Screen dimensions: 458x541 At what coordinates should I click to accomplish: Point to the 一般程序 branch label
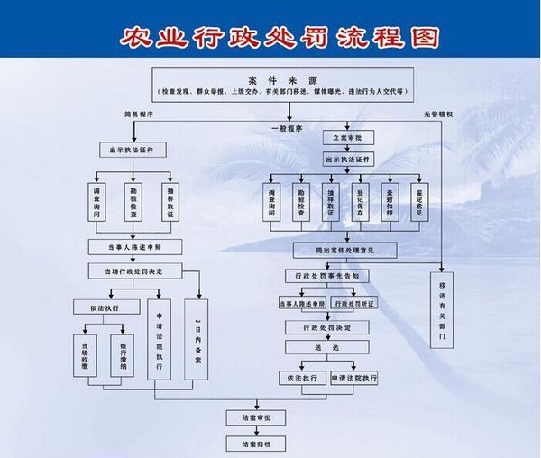[286, 129]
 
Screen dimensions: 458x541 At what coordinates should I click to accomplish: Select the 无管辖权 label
[437, 114]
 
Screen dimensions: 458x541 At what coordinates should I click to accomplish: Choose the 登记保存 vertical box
[362, 203]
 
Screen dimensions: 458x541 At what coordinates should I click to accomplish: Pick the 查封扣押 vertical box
[390, 203]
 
